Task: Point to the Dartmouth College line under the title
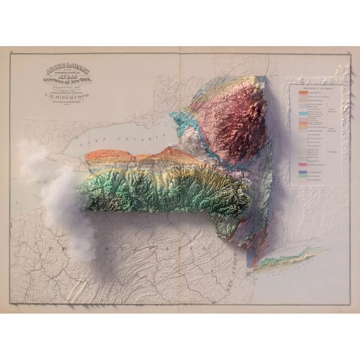tap(67, 102)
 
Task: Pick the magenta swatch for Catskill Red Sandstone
tap(302, 165)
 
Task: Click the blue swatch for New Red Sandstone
tap(302, 172)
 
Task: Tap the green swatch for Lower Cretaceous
tap(302, 176)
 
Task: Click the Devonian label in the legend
tap(332, 152)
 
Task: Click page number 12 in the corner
tap(348, 52)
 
